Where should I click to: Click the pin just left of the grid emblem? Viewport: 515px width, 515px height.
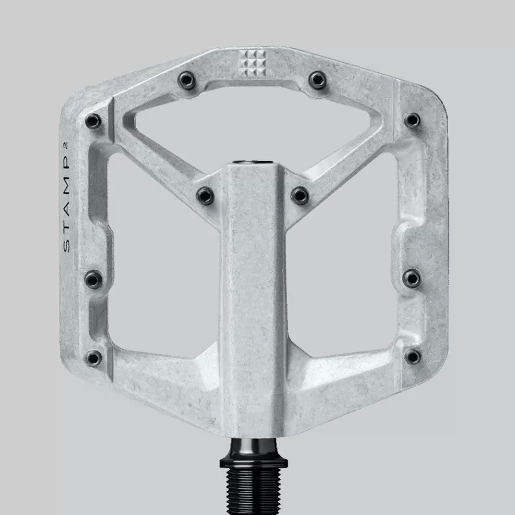[x=187, y=80]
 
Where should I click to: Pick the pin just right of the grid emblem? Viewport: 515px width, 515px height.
[x=318, y=80]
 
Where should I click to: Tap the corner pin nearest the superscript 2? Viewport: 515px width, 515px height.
[x=93, y=121]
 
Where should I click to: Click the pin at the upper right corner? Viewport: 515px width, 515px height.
[x=412, y=121]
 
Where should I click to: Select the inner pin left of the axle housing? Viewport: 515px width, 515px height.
[x=205, y=195]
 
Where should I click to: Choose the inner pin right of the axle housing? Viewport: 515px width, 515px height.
[x=300, y=195]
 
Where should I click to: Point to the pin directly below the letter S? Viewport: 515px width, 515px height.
[x=94, y=279]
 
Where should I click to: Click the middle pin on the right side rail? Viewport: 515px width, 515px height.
[x=411, y=278]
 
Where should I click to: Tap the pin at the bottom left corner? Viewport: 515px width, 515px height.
[x=94, y=358]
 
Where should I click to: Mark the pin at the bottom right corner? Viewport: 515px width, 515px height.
[x=413, y=356]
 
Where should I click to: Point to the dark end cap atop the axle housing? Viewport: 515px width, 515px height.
[x=253, y=162]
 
